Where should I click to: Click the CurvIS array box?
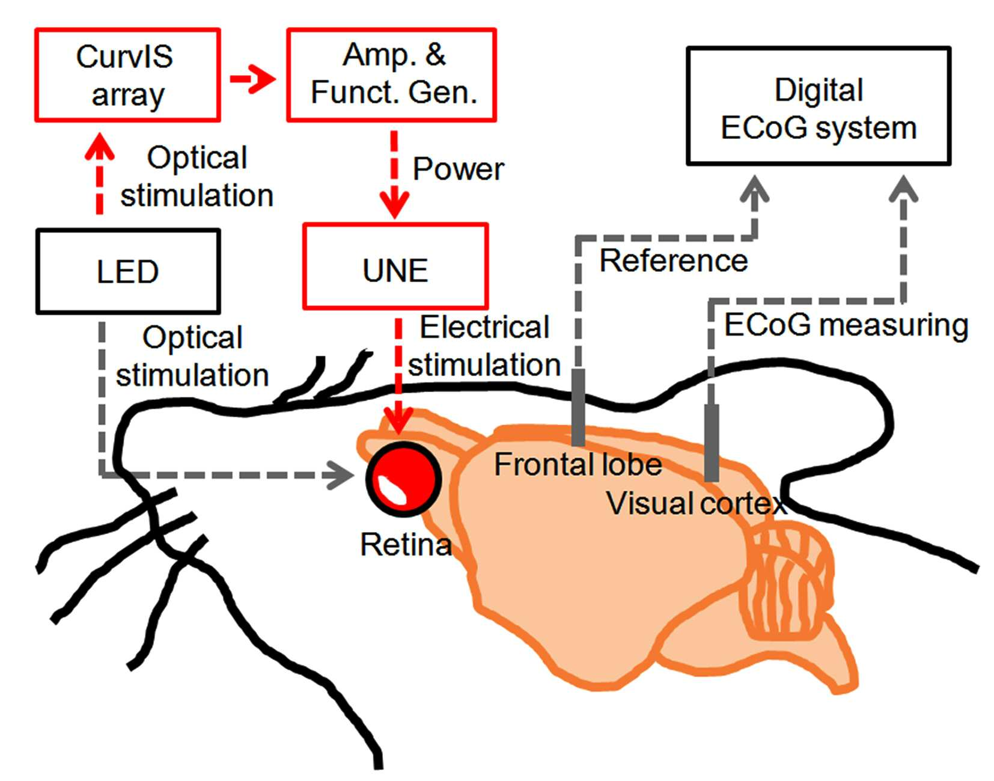coord(127,75)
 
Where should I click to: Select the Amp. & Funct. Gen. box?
coord(392,75)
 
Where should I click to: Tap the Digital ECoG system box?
coord(819,106)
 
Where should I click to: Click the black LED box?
coord(128,271)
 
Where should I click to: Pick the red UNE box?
coord(395,266)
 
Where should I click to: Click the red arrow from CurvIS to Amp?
coord(253,79)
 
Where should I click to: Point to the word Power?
coord(459,170)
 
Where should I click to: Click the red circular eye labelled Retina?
coord(403,480)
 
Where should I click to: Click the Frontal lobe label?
coord(578,464)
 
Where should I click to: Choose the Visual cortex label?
coord(696,503)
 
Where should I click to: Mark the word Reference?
coord(674,261)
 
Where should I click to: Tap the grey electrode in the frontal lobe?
coord(579,407)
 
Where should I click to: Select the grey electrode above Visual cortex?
coord(712,443)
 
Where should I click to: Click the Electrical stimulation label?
coord(484,346)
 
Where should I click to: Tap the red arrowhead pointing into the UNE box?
coord(394,204)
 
